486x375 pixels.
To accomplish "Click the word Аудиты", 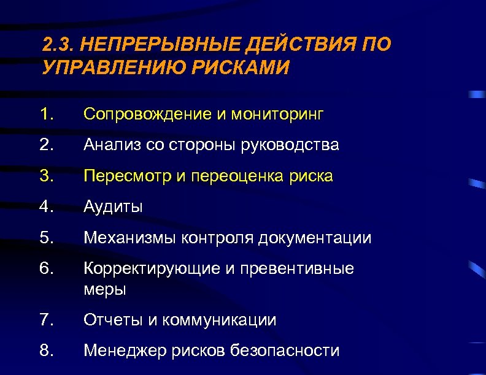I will pyautogui.click(x=114, y=207).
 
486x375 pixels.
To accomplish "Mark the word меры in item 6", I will pyautogui.click(x=105, y=289).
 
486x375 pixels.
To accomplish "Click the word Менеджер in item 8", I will pyautogui.click(x=125, y=350).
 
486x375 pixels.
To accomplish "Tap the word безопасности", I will pyautogui.click(x=285, y=350).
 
